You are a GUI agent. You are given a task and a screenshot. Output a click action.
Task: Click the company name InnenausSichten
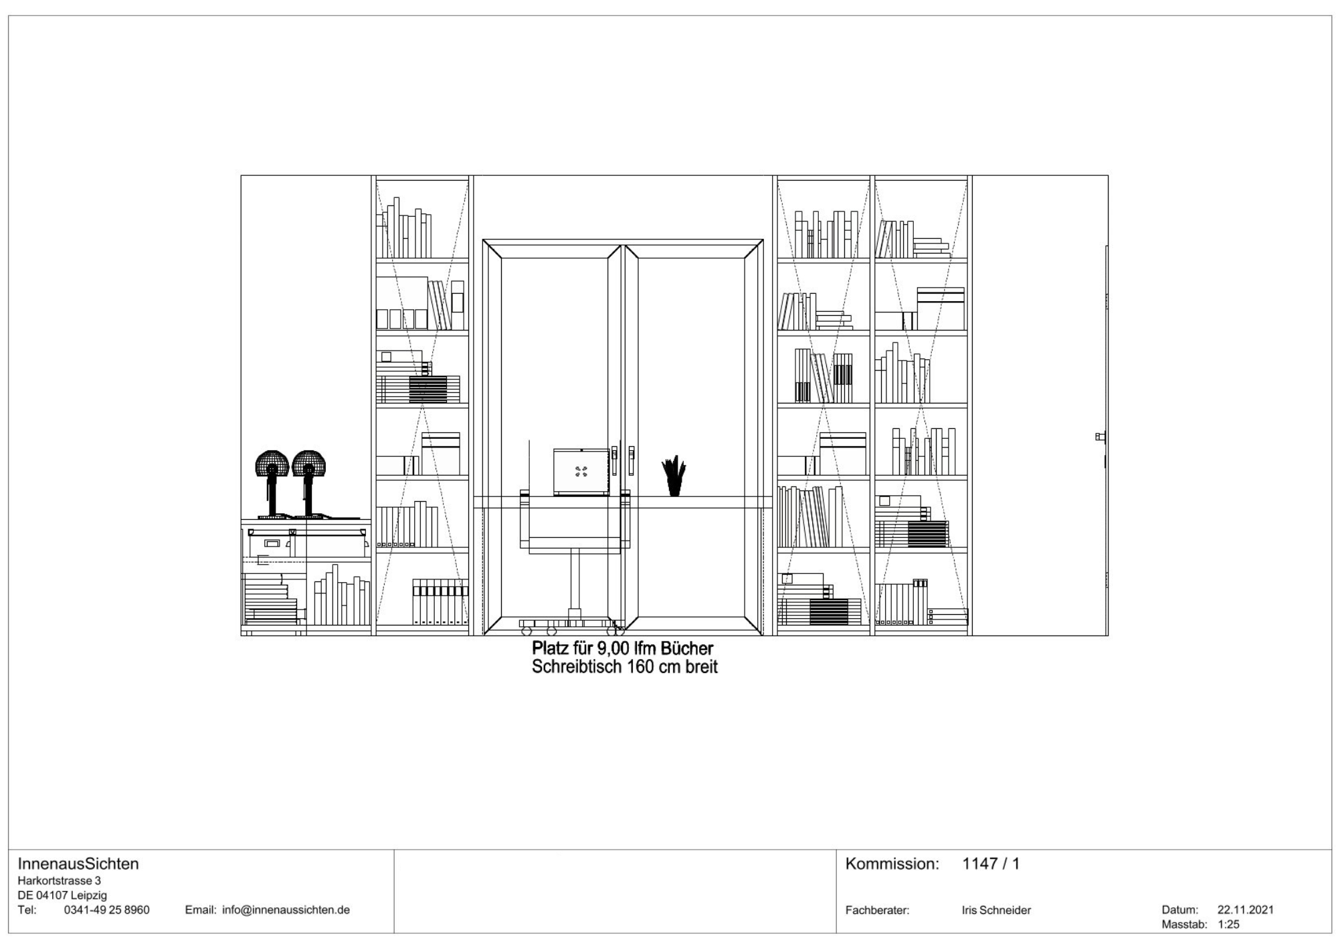[x=78, y=864]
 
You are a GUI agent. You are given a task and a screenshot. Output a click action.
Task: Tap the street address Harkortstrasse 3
[x=59, y=881]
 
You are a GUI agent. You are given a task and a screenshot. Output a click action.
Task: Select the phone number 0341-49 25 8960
[x=106, y=910]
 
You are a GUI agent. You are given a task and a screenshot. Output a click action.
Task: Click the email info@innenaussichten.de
[x=286, y=910]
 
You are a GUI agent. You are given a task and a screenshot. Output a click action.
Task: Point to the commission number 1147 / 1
[x=991, y=864]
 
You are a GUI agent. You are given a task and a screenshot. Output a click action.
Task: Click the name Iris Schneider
[x=996, y=911]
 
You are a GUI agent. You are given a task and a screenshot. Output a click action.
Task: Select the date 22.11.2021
[x=1246, y=910]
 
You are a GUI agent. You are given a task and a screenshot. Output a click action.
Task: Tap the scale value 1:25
[x=1228, y=925]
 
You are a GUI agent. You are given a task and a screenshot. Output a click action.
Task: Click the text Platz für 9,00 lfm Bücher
[x=623, y=649]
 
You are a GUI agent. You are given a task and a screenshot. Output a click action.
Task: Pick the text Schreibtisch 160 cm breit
[x=625, y=667]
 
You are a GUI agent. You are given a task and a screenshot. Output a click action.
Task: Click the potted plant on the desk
[x=674, y=476]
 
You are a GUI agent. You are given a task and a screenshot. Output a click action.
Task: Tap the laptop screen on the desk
[x=581, y=471]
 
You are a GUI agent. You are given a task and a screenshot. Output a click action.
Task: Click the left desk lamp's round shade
[x=272, y=463]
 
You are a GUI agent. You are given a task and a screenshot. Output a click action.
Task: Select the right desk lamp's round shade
[x=308, y=463]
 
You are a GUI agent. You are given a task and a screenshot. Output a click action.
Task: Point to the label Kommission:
[x=892, y=864]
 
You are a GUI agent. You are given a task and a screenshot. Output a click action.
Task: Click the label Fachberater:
[x=877, y=911]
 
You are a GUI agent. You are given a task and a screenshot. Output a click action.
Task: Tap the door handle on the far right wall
[x=1100, y=437]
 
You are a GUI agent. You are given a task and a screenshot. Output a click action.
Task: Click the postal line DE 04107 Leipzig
[x=62, y=896]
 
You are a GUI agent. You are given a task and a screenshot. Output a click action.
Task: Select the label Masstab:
[x=1184, y=925]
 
